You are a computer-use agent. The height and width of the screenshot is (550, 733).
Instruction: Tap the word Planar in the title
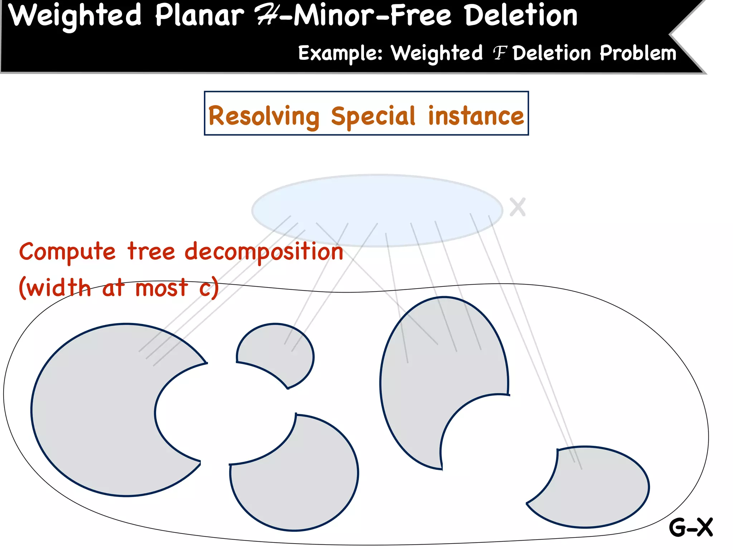[x=199, y=16]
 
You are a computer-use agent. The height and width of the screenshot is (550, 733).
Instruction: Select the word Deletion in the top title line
[x=521, y=16]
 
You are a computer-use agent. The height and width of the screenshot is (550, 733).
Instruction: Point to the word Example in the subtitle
[x=340, y=54]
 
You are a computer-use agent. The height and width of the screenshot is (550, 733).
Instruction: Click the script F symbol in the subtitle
[x=500, y=54]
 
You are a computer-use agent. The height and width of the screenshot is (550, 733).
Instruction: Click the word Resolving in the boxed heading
[x=264, y=116]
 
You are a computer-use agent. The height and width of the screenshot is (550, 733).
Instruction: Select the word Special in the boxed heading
[x=373, y=116]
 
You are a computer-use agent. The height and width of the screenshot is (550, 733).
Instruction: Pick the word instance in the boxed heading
[x=476, y=116]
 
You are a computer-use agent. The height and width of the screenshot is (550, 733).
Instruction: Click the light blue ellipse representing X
[x=377, y=201]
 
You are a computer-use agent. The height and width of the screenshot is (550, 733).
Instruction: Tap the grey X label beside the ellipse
[x=518, y=207]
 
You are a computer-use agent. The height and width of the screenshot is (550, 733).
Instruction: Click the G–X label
[x=691, y=527]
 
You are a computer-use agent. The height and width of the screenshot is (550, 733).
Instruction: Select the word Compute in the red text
[x=67, y=252]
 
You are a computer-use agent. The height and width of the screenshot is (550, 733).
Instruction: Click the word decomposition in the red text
[x=264, y=252]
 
